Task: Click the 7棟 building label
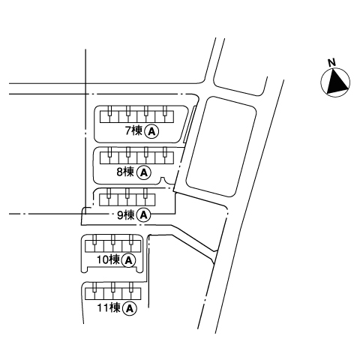tap(133, 130)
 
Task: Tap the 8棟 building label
tap(125, 172)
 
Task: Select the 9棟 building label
tap(126, 214)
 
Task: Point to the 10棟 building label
tap(108, 259)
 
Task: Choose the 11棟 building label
tap(109, 307)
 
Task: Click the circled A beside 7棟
tap(152, 131)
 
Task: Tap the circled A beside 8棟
tap(144, 172)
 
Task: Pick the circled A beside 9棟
tap(144, 215)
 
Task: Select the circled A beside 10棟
tap(128, 260)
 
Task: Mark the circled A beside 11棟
tap(130, 308)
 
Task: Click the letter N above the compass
tap(331, 62)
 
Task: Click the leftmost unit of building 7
tap(109, 116)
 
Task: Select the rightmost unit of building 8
tap(164, 157)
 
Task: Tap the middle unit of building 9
tap(127, 199)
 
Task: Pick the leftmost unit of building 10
tap(94, 246)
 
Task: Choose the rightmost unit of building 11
tap(131, 294)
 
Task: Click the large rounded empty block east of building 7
tap(221, 146)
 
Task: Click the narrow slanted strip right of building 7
tap(189, 124)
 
